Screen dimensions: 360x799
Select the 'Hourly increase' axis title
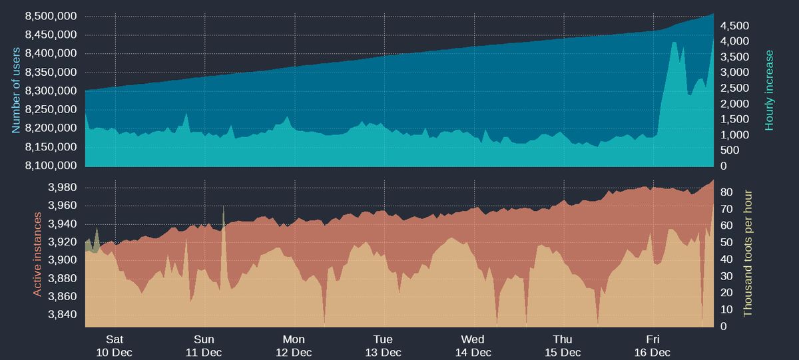pos(770,90)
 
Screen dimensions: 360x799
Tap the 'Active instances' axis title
pos(37,254)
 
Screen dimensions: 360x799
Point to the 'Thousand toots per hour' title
pos(748,253)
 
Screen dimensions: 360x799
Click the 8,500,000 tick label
pos(51,16)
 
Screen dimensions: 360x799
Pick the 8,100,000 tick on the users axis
pos(51,165)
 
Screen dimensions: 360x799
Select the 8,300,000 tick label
pos(51,90)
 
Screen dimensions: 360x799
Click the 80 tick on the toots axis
pos(727,192)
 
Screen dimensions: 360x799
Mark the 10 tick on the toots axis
pos(727,310)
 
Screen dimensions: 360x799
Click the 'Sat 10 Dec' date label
pos(115,345)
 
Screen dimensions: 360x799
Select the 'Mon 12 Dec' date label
pos(294,345)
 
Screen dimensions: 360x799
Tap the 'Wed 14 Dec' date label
pos(473,345)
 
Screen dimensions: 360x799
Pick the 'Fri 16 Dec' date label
pos(652,345)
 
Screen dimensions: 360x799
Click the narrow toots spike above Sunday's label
pos(223,212)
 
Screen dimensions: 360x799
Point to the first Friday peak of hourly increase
pos(674,43)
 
